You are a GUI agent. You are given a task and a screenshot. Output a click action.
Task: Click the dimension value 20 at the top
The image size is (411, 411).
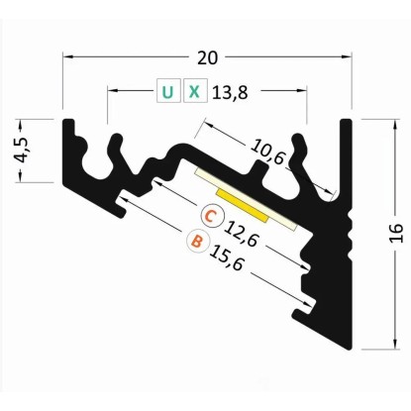point(208,58)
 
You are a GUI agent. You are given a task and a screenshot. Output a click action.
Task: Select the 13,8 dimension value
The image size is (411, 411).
point(230,93)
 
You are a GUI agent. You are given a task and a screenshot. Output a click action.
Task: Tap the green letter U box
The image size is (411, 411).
point(168,90)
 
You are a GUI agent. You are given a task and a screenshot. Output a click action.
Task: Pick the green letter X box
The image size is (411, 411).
point(195,90)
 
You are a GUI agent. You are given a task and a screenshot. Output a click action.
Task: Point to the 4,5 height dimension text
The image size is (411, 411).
point(23,151)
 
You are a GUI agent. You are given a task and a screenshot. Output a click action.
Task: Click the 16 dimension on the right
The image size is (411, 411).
point(396,234)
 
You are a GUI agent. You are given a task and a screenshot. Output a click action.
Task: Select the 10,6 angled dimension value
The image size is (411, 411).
point(267,153)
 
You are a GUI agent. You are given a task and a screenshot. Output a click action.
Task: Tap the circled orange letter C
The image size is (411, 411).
point(212,216)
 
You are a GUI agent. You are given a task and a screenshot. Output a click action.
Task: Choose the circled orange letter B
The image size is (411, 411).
point(198,241)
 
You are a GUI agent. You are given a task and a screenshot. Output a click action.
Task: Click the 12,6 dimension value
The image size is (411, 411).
point(241,235)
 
